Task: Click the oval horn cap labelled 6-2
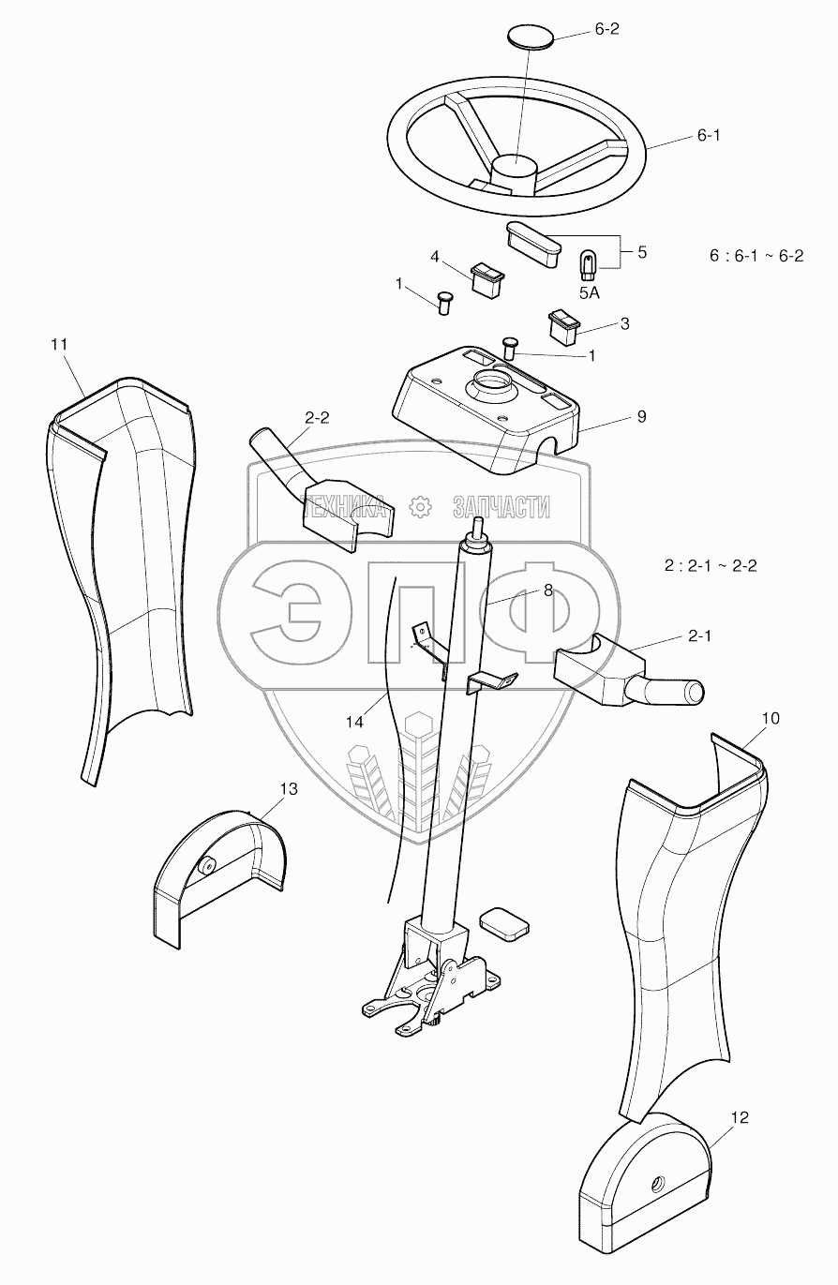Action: tap(530, 38)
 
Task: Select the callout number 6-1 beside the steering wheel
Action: tap(708, 136)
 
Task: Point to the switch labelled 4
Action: tap(486, 279)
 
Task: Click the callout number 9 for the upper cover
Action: tap(641, 415)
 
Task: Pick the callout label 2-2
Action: tap(316, 418)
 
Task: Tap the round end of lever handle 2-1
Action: tap(695, 693)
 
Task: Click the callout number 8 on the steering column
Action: tap(547, 590)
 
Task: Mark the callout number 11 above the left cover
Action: tap(60, 345)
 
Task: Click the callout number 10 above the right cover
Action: tap(770, 718)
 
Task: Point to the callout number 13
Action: tap(289, 789)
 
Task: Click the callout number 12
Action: tap(741, 1117)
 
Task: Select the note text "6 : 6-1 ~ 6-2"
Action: tap(757, 256)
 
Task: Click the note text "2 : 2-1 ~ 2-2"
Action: tap(711, 566)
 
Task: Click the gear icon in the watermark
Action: tap(421, 507)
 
